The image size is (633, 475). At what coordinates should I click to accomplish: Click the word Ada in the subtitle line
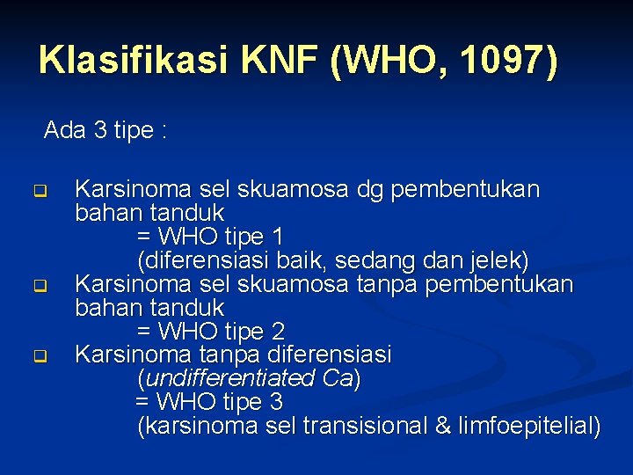coord(63,131)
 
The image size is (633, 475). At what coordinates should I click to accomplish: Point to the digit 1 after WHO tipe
coord(278,237)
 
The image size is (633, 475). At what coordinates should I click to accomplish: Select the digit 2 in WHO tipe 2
coord(278,332)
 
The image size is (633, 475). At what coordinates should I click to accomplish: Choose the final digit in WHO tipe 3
coord(277,402)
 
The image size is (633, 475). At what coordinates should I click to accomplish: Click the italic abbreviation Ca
coord(338,379)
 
